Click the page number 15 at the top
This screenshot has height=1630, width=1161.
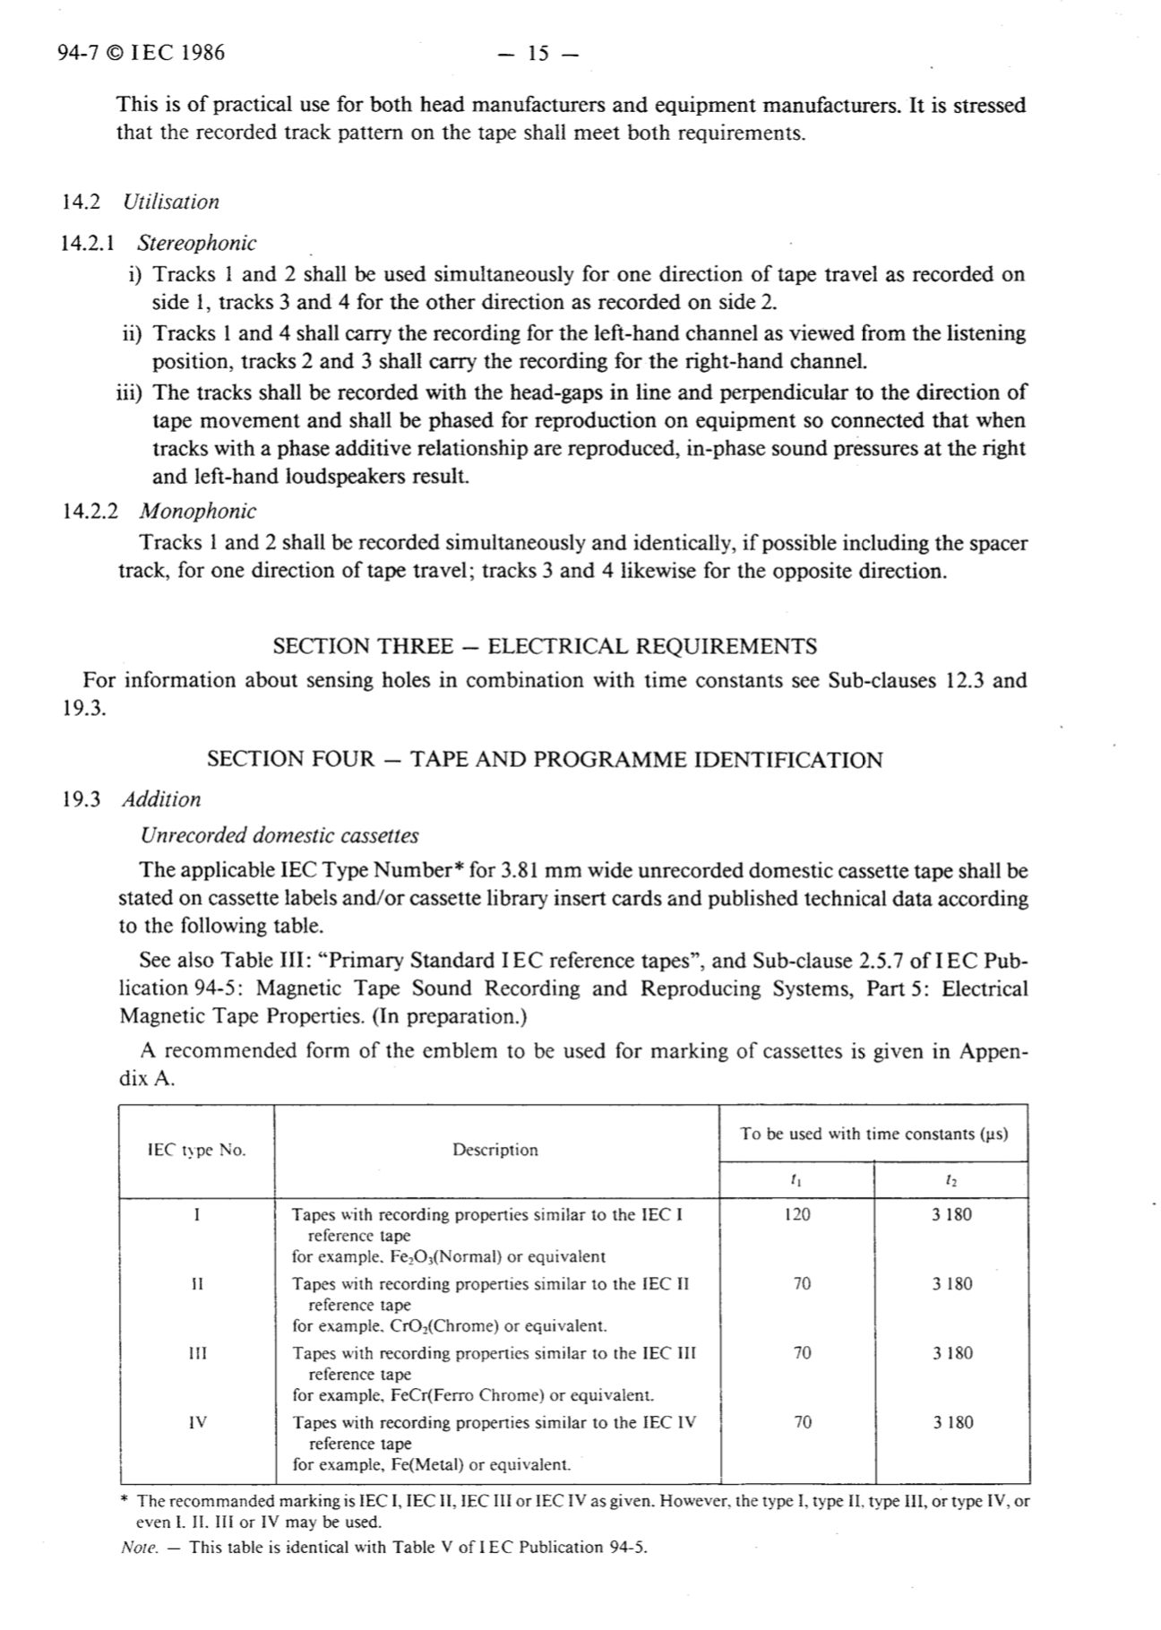tap(537, 54)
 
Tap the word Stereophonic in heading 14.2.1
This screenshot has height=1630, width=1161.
tap(197, 243)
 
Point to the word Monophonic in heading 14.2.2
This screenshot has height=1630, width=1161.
tap(198, 512)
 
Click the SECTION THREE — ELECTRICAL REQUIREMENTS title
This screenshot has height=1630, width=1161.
tap(545, 646)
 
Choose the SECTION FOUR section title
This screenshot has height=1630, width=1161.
tap(545, 760)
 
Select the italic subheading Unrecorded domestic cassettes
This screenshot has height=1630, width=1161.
tap(279, 835)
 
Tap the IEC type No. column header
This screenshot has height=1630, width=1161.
tap(196, 1151)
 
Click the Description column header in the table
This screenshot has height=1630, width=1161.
tap(495, 1151)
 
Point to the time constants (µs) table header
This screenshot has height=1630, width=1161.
tap(873, 1134)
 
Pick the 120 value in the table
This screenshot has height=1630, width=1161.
tap(796, 1215)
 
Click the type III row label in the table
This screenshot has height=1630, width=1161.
tap(197, 1353)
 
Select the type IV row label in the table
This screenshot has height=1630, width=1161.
tap(198, 1422)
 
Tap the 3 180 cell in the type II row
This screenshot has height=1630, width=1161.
tap(951, 1284)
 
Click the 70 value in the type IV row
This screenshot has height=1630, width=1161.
tap(803, 1422)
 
